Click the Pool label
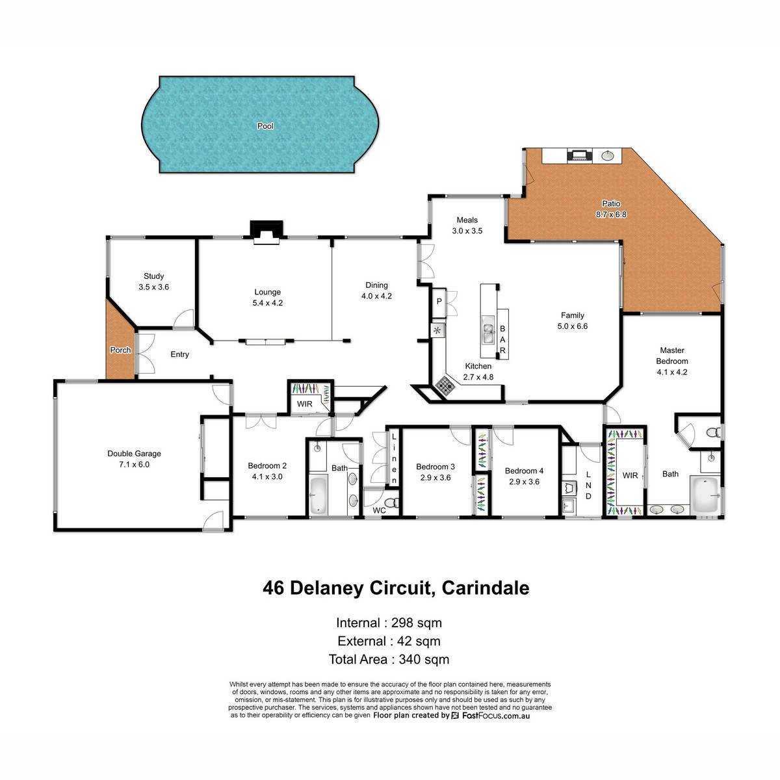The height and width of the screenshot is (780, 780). point(265,126)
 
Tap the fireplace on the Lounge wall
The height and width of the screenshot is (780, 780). point(266,232)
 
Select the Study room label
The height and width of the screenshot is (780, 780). point(153,276)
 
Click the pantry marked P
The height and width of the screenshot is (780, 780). point(439,302)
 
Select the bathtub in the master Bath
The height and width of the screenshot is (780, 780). point(705,494)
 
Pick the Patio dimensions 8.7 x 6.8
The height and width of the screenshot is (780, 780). point(611,214)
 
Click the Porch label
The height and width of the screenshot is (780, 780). point(120,350)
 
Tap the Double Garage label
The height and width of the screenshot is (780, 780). point(134,454)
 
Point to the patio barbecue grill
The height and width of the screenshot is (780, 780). point(580,155)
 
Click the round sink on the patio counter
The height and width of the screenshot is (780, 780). point(606,155)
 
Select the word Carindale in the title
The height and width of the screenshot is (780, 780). point(486,588)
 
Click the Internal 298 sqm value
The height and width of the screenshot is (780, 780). point(416,623)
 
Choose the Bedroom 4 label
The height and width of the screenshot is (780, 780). point(524,471)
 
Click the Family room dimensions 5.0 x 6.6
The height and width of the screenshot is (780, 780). point(573,326)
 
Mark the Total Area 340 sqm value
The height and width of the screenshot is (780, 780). point(424,659)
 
